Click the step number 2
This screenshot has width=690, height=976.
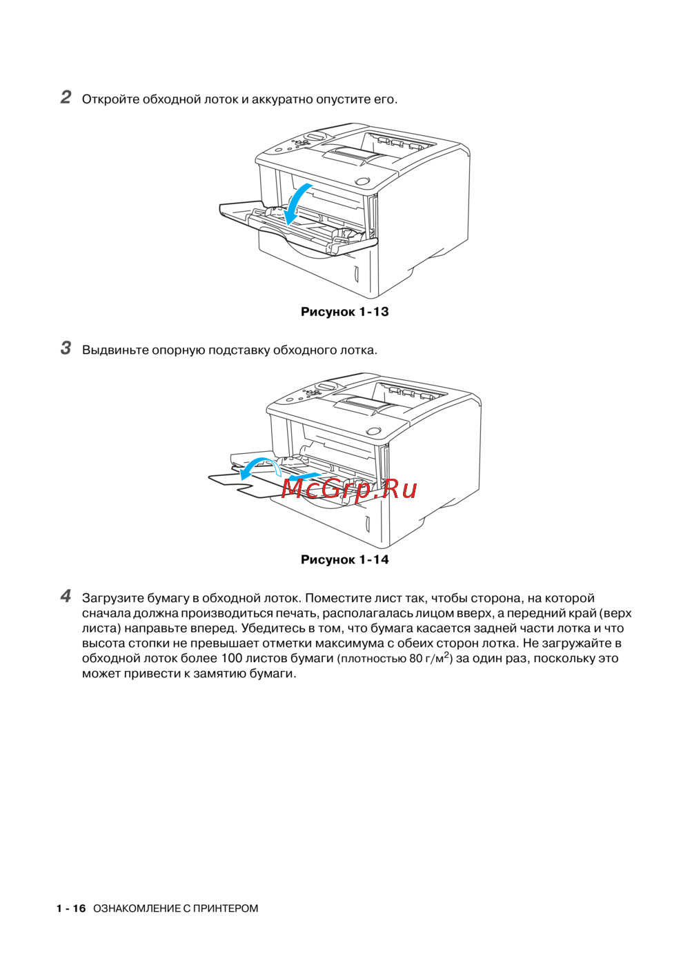coord(66,97)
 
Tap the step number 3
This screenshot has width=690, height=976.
coord(66,348)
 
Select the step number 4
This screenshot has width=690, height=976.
coord(66,596)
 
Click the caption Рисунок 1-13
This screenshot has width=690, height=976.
coord(344,312)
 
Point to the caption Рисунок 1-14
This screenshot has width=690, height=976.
coord(344,559)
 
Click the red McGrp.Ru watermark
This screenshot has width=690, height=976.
coord(349,488)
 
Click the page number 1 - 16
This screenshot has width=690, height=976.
coord(71,908)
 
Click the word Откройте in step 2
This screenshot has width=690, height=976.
coord(110,99)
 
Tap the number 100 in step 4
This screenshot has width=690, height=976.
coord(231,658)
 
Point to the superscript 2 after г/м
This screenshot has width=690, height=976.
coord(446,655)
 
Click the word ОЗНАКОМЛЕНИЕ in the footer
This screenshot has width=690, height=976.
coord(137,908)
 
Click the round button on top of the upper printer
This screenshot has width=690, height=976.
coord(362,181)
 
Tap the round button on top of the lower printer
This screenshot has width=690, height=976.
coord(373,431)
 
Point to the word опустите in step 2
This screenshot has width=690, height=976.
coord(343,99)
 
